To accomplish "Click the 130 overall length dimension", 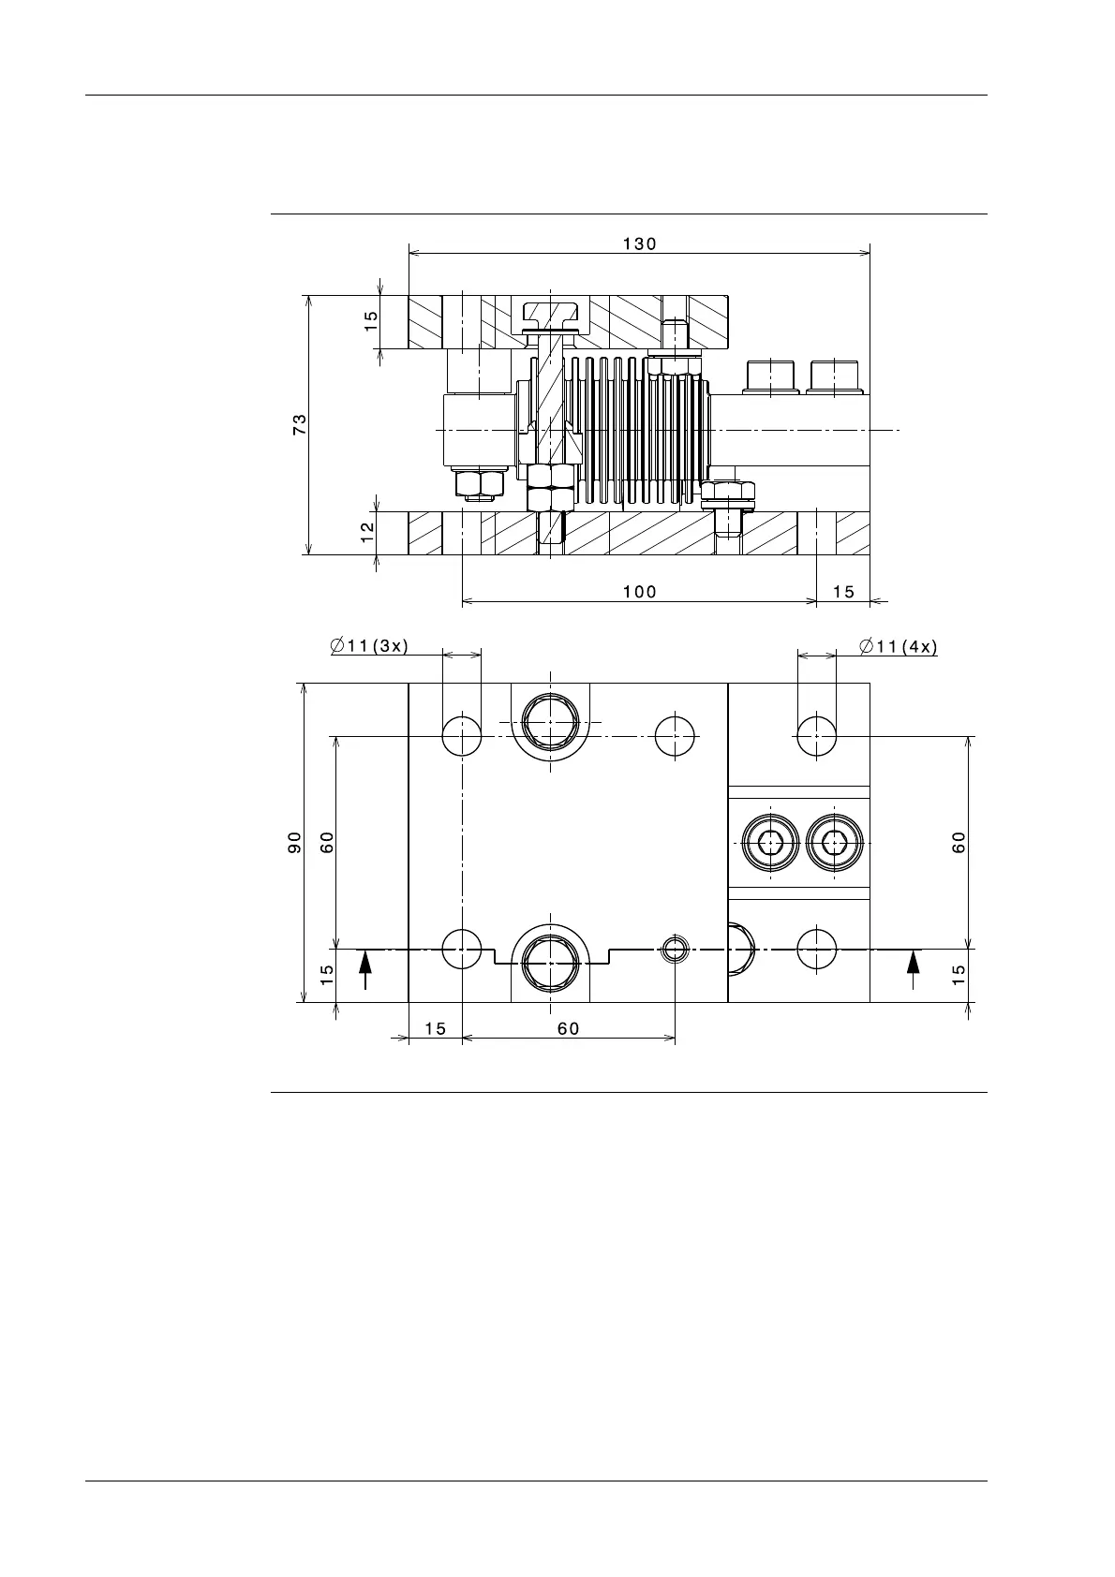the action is (x=639, y=243).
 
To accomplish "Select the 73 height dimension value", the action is (x=300, y=424).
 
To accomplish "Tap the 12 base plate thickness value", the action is (x=367, y=532).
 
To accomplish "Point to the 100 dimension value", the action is (x=639, y=592).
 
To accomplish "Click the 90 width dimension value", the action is (x=294, y=842).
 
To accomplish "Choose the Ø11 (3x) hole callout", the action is (x=369, y=645).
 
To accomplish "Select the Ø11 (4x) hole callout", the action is (x=898, y=645).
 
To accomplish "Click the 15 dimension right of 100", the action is (x=843, y=592).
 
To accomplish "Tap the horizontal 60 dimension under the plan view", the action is (x=568, y=1028).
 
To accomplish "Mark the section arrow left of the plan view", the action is (x=364, y=969).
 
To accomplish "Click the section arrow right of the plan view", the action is (x=913, y=969).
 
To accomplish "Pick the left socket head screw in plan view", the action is (x=770, y=843).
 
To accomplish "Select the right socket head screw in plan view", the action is (x=835, y=843).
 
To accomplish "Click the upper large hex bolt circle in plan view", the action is (x=550, y=722).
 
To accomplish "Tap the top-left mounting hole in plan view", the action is (x=461, y=736).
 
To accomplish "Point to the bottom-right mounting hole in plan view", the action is (x=816, y=949).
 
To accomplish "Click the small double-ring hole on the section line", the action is (x=675, y=949).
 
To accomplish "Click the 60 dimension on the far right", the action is (x=959, y=842).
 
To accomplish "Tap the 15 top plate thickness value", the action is (x=370, y=321).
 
